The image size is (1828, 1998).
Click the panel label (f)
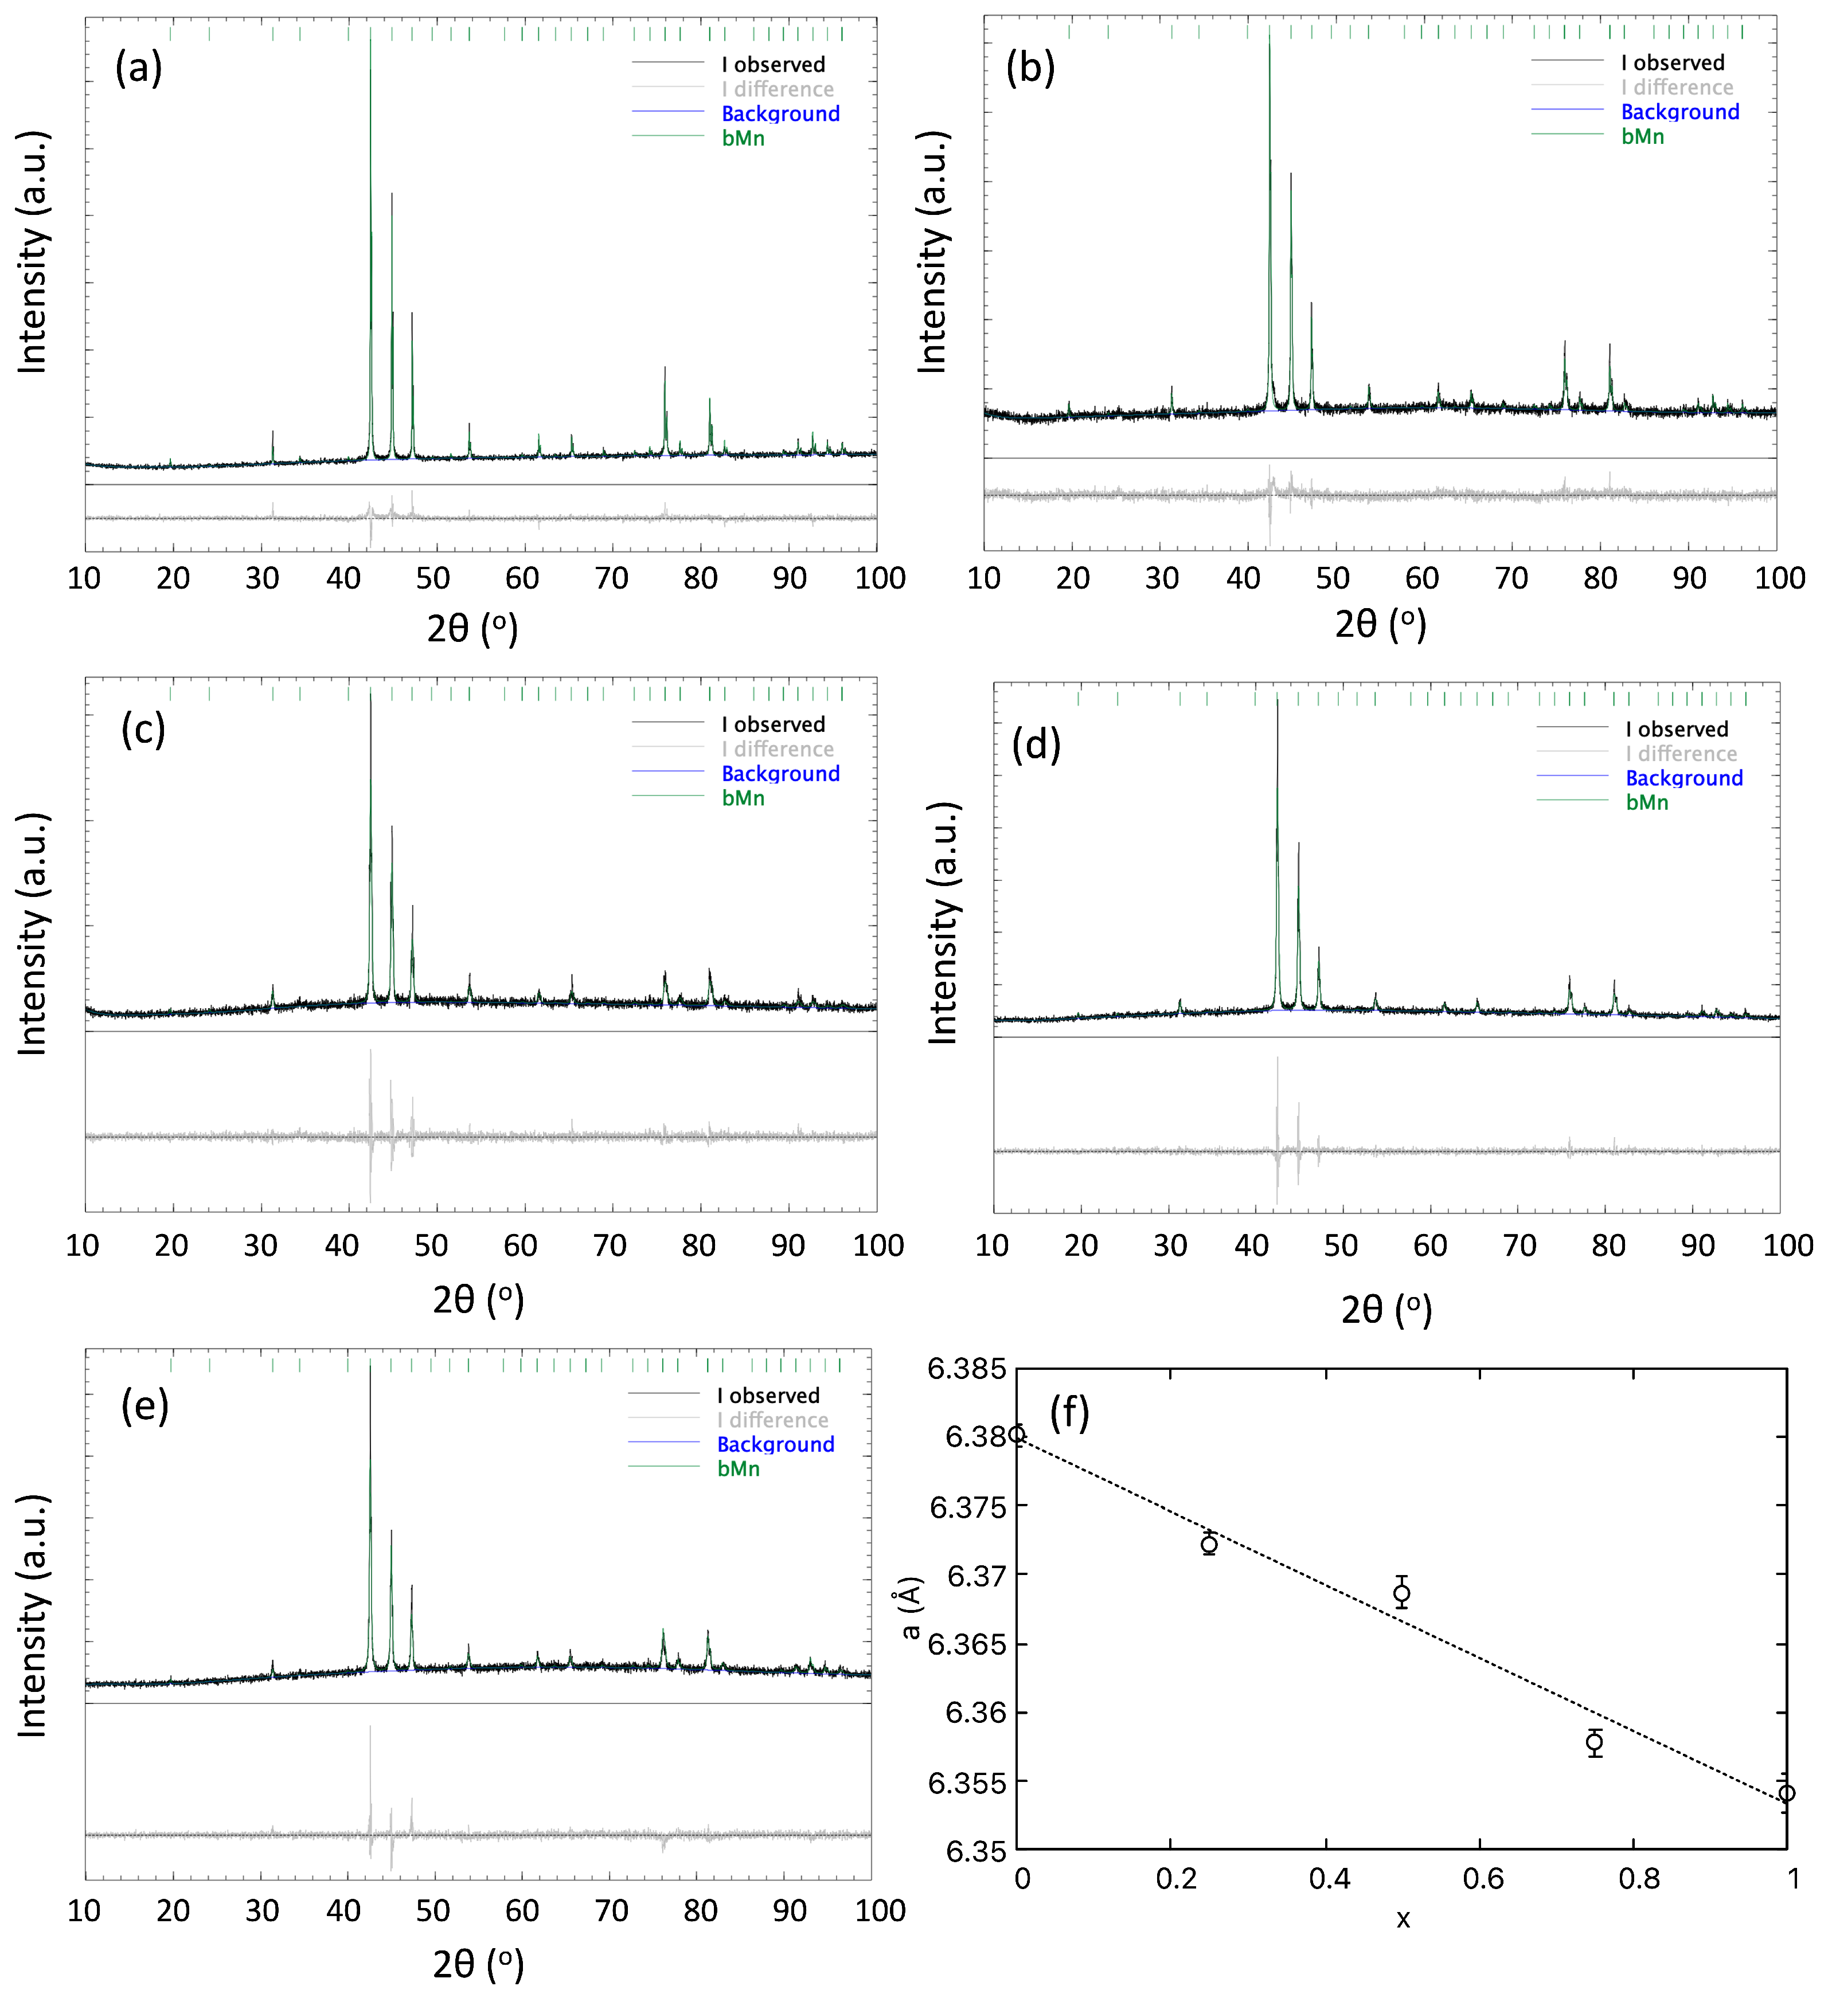point(1069,1412)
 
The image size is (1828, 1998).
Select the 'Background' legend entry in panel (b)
point(1679,112)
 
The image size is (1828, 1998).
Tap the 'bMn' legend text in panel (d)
point(1647,803)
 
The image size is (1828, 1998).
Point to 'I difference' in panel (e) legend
point(772,1420)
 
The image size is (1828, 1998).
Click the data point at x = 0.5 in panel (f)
point(1401,1593)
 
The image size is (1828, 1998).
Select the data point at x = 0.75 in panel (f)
point(1594,1742)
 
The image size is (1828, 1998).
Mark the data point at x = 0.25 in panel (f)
point(1208,1544)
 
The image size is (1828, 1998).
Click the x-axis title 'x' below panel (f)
point(1403,1919)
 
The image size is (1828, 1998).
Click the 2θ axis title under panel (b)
point(1380,624)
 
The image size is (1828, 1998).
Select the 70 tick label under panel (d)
point(1519,1246)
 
